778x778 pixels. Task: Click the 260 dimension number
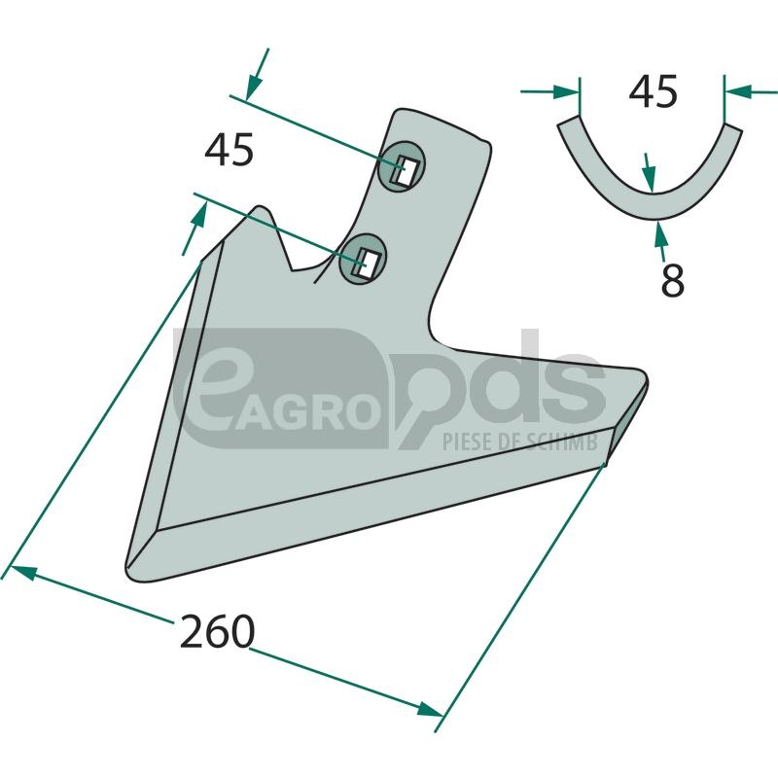(x=217, y=631)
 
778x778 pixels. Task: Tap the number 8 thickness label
(x=672, y=280)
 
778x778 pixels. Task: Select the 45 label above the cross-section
(x=653, y=91)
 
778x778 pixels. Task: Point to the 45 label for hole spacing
(x=229, y=150)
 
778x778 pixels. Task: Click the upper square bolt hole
(x=406, y=171)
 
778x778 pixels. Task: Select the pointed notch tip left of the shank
(x=261, y=209)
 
